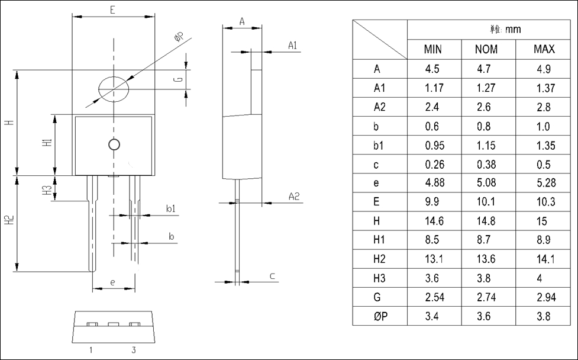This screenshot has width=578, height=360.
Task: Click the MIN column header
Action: [433, 49]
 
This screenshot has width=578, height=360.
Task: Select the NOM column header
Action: [486, 49]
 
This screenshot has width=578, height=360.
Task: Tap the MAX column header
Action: [544, 49]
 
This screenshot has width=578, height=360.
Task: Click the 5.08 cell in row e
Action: [486, 183]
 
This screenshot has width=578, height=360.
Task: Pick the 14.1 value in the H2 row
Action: [544, 259]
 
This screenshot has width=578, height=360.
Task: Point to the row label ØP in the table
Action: [380, 316]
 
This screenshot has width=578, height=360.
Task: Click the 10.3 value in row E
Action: [544, 202]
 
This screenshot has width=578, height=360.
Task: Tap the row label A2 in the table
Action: [380, 107]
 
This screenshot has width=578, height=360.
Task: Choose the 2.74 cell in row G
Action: [486, 297]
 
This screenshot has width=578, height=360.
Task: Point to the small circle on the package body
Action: [114, 144]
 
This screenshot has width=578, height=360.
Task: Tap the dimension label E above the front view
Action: [113, 9]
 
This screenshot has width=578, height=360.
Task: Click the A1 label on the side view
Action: [293, 46]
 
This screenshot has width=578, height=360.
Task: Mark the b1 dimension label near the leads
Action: [170, 208]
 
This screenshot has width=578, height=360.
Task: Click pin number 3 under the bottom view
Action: [134, 350]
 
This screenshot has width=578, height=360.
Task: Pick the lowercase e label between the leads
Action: [113, 282]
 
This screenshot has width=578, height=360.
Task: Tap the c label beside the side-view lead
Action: [272, 276]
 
